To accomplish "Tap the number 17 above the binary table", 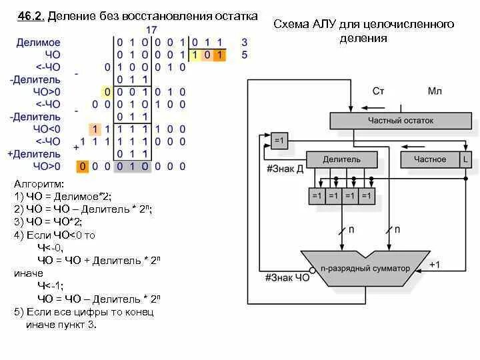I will point(152,29).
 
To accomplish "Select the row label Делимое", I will point(38,42).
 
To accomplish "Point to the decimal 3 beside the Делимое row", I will point(245,42).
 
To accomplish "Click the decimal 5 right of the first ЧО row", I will point(245,55).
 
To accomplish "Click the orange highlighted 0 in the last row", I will point(83,166).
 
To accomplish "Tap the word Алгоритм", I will point(38,183).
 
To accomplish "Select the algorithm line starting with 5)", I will point(84,312).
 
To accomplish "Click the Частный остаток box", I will point(401,121).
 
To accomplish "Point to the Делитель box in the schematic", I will point(341,160).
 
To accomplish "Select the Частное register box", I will point(430,160).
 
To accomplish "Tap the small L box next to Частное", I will point(465,160).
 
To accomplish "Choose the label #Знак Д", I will point(285,168).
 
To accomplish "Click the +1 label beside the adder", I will point(434,264).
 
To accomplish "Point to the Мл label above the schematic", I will point(434,90).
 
